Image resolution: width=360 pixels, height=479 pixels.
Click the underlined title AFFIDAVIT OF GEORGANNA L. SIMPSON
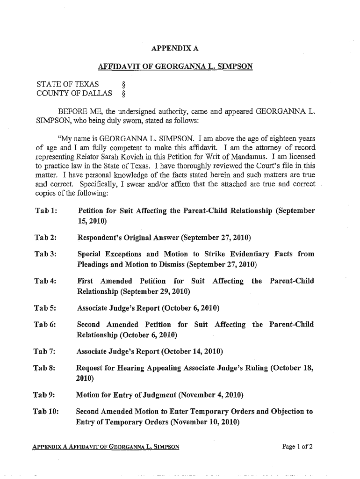tap(175, 66)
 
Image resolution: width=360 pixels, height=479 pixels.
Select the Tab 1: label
tap(46, 211)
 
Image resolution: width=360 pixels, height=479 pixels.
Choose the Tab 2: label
tap(46, 239)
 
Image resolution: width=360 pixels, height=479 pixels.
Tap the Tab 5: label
tap(46, 308)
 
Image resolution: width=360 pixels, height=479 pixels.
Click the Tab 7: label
tap(46, 352)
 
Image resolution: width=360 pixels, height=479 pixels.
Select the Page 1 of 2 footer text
tap(297, 446)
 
